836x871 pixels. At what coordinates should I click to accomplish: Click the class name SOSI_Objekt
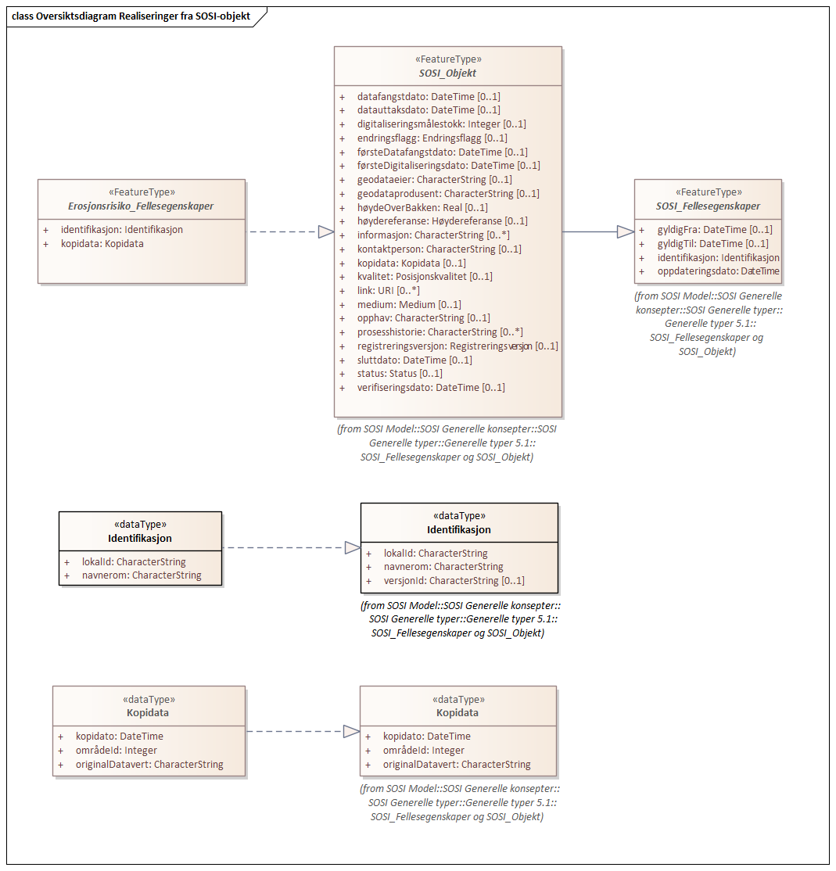[x=447, y=73]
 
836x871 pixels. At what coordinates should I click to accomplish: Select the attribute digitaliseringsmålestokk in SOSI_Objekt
[x=441, y=124]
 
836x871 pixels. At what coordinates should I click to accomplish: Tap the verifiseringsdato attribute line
[x=431, y=388]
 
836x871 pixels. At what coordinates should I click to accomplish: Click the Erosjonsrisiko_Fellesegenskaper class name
[x=141, y=206]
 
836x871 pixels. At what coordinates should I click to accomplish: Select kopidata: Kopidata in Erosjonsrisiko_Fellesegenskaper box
[x=102, y=243]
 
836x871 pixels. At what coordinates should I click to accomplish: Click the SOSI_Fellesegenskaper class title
[x=708, y=206]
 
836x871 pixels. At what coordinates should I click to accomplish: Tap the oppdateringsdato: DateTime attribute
[x=718, y=271]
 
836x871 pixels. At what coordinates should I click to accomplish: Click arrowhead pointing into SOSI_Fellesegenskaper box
[x=625, y=231]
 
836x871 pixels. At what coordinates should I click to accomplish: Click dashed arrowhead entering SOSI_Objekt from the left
[x=326, y=231]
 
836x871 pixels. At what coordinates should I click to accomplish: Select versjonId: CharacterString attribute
[x=454, y=581]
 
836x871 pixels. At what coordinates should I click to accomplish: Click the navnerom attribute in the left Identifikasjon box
[x=142, y=575]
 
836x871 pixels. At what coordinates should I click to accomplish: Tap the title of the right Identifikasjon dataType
[x=459, y=529]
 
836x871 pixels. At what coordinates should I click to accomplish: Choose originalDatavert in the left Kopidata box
[x=149, y=765]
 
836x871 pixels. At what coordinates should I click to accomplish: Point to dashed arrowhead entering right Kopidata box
[x=352, y=731]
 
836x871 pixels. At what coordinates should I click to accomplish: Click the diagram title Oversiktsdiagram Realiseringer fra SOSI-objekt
[x=131, y=16]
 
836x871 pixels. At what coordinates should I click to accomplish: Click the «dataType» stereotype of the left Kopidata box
[x=149, y=700]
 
